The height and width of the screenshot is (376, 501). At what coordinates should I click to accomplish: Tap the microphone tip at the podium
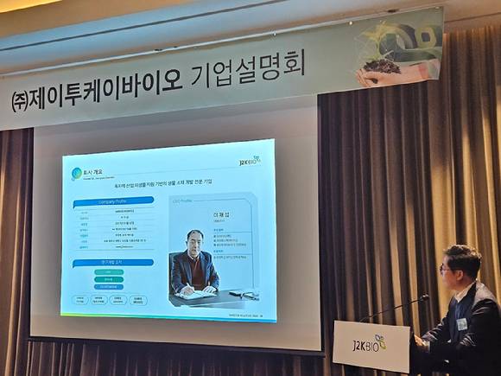[424, 297]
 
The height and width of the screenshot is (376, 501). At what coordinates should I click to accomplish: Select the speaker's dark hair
[461, 254]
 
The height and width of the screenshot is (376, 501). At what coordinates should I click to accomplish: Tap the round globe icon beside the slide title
[77, 173]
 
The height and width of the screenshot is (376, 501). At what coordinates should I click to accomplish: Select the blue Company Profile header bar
[113, 200]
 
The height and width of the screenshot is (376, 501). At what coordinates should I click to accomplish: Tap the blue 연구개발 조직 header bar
[113, 262]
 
